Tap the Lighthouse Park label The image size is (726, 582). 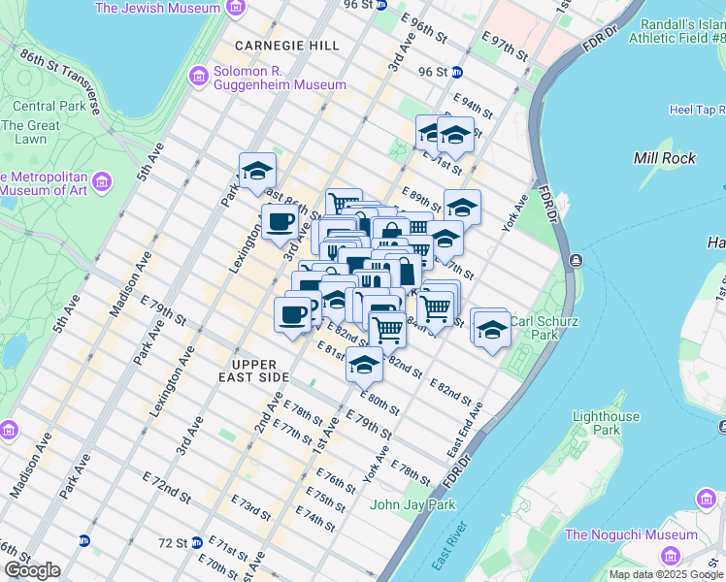pyautogui.click(x=607, y=423)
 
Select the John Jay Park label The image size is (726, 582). pyautogui.click(x=412, y=504)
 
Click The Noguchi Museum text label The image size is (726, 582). pyautogui.click(x=631, y=534)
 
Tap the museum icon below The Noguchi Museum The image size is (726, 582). pyautogui.click(x=671, y=555)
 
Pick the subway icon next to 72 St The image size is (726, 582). pyautogui.click(x=197, y=542)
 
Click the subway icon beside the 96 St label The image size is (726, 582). pyautogui.click(x=456, y=72)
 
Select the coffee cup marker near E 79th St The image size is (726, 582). pyautogui.click(x=293, y=313)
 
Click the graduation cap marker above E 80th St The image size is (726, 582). pyautogui.click(x=364, y=365)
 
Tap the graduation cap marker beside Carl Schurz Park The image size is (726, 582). pyautogui.click(x=492, y=330)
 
